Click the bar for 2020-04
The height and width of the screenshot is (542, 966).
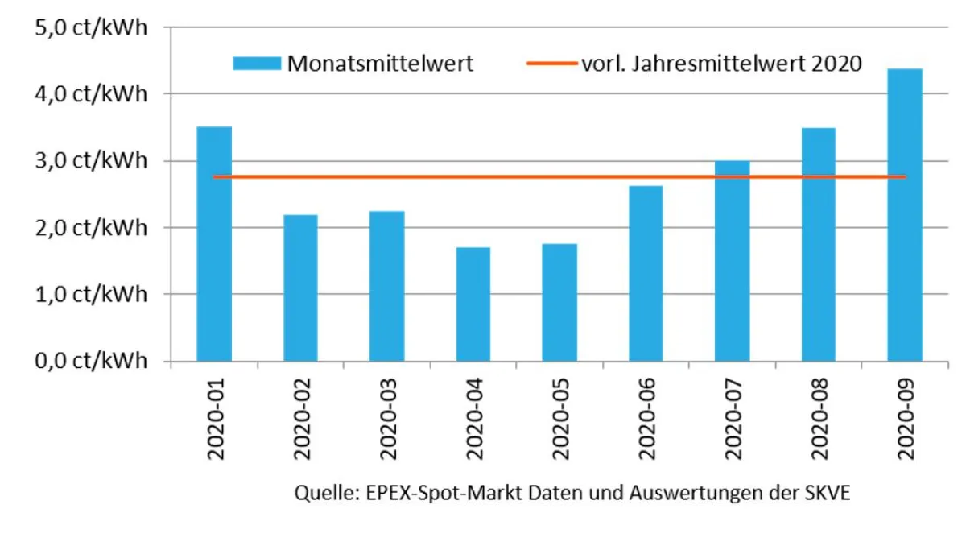tap(473, 304)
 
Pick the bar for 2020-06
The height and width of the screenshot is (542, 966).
tap(646, 274)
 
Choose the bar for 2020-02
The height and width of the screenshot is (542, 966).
tap(300, 288)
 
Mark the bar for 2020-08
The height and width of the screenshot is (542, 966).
tap(818, 245)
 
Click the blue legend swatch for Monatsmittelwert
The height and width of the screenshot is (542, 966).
tap(257, 64)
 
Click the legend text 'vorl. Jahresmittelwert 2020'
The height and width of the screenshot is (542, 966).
tap(720, 64)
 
